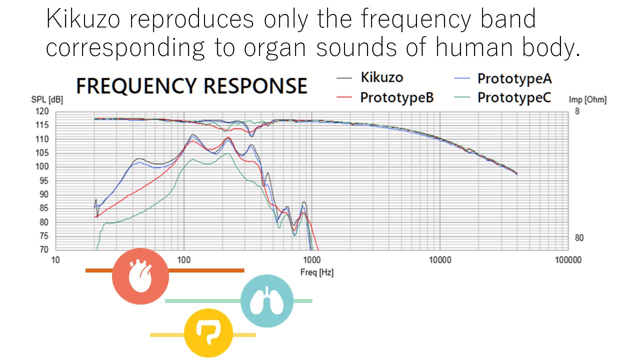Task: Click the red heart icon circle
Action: [x=140, y=276]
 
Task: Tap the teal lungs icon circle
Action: [x=267, y=301]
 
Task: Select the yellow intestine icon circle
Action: [x=208, y=333]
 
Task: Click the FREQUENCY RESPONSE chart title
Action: [x=191, y=85]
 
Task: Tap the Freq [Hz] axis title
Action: [x=317, y=272]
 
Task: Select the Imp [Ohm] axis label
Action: [x=587, y=100]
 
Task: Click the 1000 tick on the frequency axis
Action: [x=311, y=259]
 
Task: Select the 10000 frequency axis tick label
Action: [x=439, y=259]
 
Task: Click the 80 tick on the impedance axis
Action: [x=578, y=238]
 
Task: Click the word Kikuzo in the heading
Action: [x=83, y=19]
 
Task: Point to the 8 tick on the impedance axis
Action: [x=577, y=111]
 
